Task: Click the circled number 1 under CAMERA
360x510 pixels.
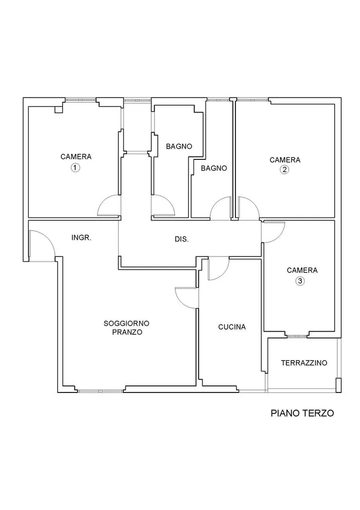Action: pyautogui.click(x=75, y=168)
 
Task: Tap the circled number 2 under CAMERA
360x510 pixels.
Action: pyautogui.click(x=284, y=169)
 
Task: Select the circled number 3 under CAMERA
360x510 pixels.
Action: pyautogui.click(x=300, y=281)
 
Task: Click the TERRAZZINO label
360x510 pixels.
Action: pyautogui.click(x=304, y=363)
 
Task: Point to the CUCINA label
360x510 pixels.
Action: pyautogui.click(x=232, y=327)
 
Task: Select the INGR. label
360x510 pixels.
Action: pyautogui.click(x=81, y=238)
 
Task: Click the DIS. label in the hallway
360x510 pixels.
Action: pyautogui.click(x=182, y=240)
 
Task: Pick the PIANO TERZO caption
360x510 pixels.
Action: pyautogui.click(x=302, y=413)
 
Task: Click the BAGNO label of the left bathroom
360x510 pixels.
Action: pyautogui.click(x=179, y=146)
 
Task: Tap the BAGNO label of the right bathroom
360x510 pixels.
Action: pyautogui.click(x=214, y=168)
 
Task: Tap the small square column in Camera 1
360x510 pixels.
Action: pyautogui.click(x=58, y=109)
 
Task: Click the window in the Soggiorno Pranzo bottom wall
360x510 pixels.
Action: pyautogui.click(x=100, y=390)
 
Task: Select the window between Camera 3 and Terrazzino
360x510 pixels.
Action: pyautogui.click(x=297, y=336)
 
